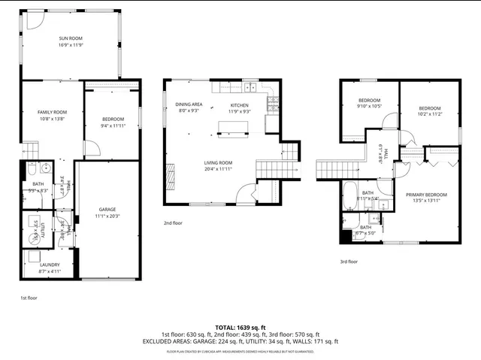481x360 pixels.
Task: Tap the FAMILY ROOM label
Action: [52, 112]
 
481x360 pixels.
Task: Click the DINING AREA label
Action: [189, 104]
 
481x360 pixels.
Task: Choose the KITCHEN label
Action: [239, 104]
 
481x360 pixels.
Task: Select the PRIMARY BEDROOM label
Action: [426, 195]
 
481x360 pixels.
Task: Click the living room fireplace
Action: [171, 179]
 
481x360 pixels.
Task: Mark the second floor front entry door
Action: [245, 197]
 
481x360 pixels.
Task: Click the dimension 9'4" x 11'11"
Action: [112, 126]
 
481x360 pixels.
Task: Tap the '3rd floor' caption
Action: [349, 262]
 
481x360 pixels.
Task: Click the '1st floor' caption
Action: [29, 298]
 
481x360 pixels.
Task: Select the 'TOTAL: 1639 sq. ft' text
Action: [240, 328]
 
